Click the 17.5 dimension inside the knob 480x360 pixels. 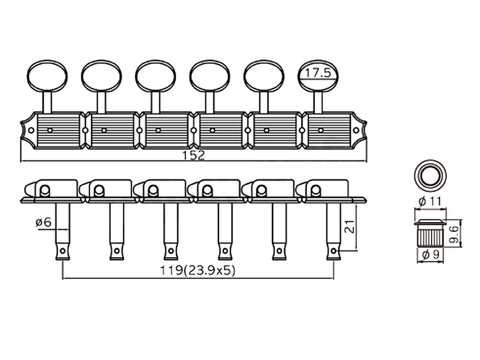(x=318, y=73)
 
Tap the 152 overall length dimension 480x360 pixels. (x=193, y=156)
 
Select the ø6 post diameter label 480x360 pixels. (x=44, y=222)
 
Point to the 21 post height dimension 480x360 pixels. (x=349, y=227)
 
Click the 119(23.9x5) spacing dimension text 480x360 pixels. (x=198, y=270)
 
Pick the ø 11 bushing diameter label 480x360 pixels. (x=430, y=202)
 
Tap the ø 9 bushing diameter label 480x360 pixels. (x=430, y=254)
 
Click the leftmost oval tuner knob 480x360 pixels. (x=48, y=76)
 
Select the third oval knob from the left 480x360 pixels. (x=156, y=76)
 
